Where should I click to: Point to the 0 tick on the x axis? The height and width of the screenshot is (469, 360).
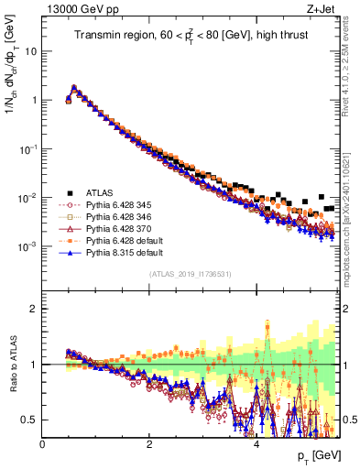(x=43, y=442)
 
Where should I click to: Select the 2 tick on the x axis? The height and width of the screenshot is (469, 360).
(x=149, y=442)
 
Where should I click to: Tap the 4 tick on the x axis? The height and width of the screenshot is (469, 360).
(x=256, y=442)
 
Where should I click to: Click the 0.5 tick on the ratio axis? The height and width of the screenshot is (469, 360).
(x=31, y=420)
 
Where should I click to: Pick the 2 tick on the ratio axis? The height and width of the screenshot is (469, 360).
(x=35, y=309)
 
